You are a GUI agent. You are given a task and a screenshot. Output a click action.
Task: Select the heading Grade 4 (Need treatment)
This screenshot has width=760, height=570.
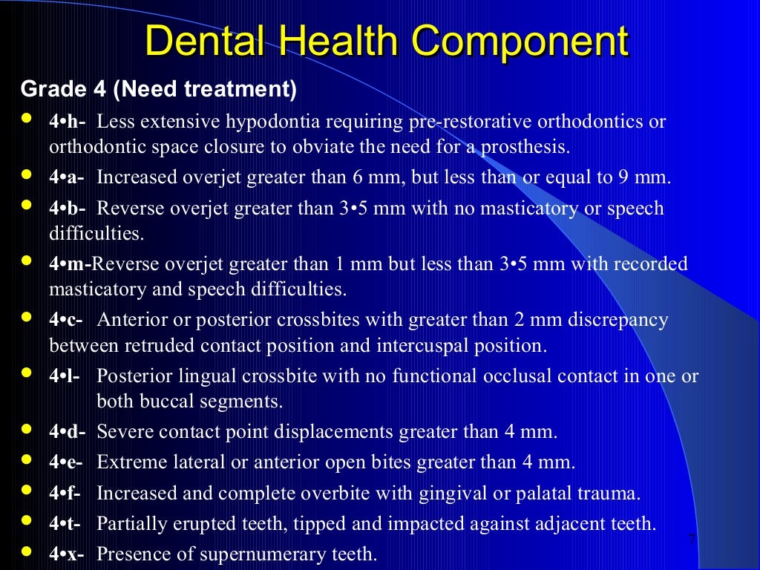pos(158,90)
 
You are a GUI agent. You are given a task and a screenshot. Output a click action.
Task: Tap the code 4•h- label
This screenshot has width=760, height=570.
pos(68,122)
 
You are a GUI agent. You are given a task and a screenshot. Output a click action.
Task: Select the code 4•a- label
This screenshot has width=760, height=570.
pos(67,178)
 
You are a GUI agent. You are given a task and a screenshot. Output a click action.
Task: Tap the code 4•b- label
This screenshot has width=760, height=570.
pos(67,209)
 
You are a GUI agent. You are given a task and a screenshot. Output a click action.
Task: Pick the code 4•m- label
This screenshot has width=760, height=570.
pos(71,264)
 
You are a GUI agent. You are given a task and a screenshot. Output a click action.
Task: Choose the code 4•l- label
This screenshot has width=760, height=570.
pos(65,376)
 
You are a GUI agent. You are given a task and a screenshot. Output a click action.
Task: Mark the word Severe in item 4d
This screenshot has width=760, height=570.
pos(123,431)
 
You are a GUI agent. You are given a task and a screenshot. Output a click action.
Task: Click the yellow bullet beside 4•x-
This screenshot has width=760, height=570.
pos(27,551)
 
